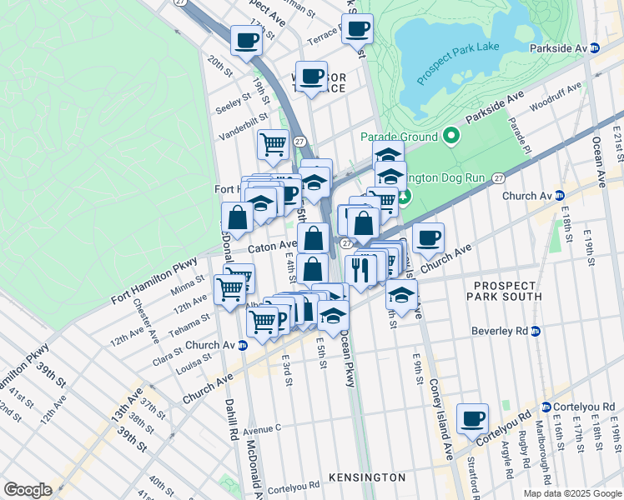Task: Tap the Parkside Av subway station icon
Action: pos(594,48)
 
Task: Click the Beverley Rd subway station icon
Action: pos(536,331)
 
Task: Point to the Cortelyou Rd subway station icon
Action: pos(546,407)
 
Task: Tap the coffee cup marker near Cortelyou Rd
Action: pos(473,418)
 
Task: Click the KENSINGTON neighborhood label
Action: pos(367,477)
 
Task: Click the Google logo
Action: pos(28,490)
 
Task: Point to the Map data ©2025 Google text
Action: pos(572,493)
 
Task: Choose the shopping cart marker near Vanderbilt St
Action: pos(273,145)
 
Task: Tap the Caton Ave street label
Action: pos(265,247)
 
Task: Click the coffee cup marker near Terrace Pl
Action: pos(357,30)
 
